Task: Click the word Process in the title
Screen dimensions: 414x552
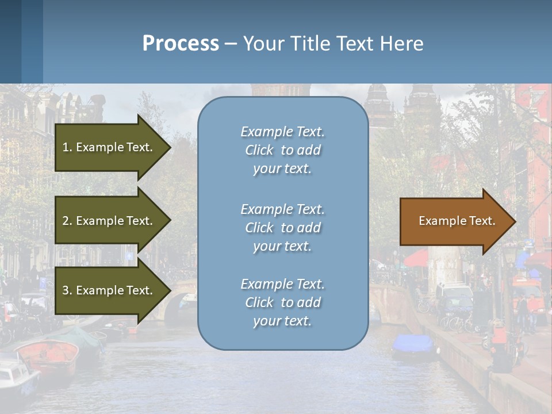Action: coord(181,44)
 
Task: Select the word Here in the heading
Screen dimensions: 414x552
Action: coord(401,44)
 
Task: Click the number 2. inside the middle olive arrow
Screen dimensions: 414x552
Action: coord(67,221)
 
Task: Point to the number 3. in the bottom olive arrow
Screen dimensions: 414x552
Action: coord(67,290)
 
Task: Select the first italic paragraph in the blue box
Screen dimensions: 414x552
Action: coord(282,150)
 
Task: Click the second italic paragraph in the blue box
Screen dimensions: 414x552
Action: coord(282,228)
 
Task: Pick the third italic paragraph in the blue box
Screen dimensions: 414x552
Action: coord(282,302)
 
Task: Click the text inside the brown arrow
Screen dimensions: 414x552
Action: coord(457,221)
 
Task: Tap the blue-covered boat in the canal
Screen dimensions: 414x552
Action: coord(412,344)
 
